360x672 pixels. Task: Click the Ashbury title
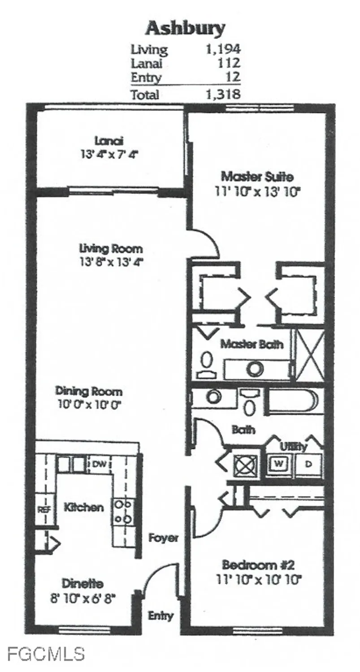coord(185,29)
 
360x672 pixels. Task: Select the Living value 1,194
coord(223,49)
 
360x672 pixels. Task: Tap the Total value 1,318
coord(223,95)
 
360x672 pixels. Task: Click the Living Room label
coord(111,249)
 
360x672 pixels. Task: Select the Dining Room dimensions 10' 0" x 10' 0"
coord(90,404)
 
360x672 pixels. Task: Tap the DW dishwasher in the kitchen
coord(100,464)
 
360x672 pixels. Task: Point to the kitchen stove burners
coord(123,512)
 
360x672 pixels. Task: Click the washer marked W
coord(279,464)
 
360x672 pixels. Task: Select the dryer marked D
coord(308,464)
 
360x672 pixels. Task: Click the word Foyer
coord(163,538)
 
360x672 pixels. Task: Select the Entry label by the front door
coord(160,616)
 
